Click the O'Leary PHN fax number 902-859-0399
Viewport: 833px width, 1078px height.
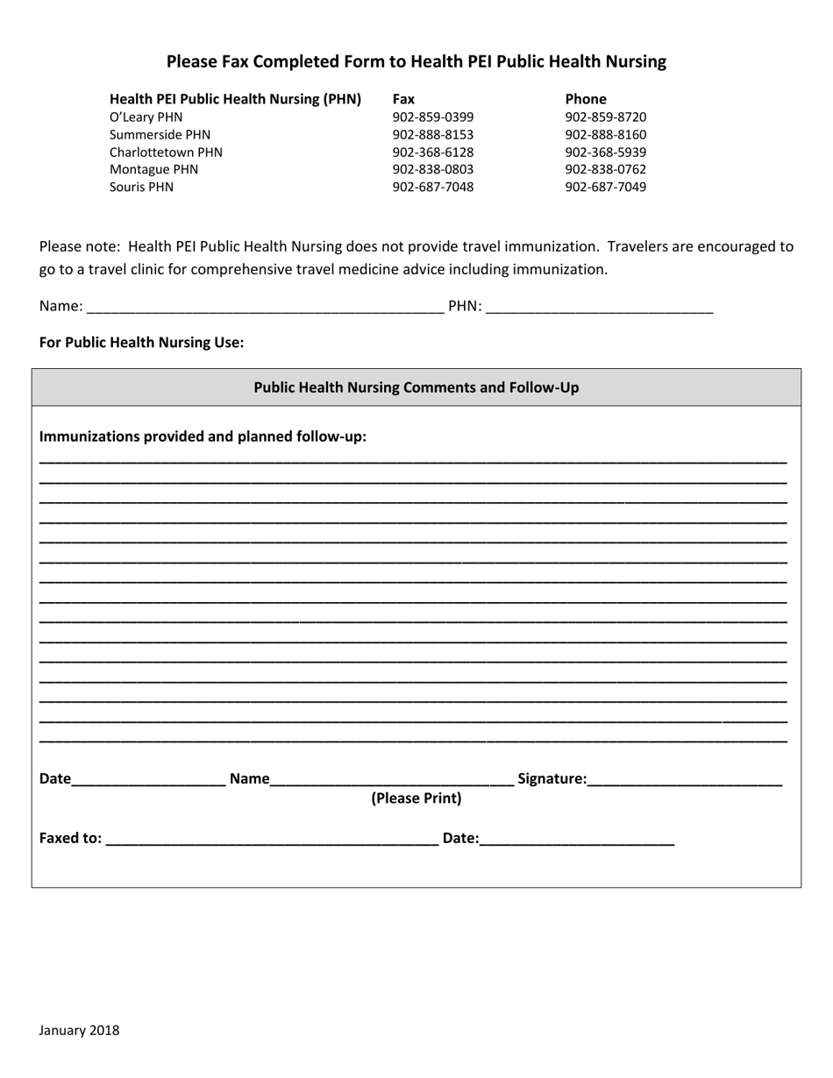coord(432,117)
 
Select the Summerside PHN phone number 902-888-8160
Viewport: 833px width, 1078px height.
coord(605,135)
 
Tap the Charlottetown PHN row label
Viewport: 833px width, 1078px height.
coord(166,152)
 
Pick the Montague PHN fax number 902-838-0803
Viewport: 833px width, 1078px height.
coord(432,170)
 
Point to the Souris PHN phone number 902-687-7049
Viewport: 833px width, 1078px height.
coord(605,188)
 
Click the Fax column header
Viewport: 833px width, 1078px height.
coord(403,99)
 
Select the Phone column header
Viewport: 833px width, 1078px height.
coord(585,99)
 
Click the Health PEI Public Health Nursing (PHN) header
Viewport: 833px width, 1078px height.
coord(235,99)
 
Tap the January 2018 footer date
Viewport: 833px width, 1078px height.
coord(79,1031)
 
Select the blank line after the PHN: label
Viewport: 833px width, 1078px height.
coord(599,309)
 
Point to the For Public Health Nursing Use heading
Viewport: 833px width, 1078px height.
coord(141,343)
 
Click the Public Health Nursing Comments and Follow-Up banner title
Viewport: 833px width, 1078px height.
coord(416,387)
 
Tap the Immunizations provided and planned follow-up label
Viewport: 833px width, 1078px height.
coord(203,436)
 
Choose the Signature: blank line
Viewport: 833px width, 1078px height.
coord(685,781)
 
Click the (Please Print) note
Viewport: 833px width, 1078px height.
coord(416,798)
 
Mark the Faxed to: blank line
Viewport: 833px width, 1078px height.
coord(271,840)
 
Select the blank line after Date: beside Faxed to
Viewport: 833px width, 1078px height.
coord(577,840)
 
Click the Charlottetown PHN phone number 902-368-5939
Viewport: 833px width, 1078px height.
coord(605,152)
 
